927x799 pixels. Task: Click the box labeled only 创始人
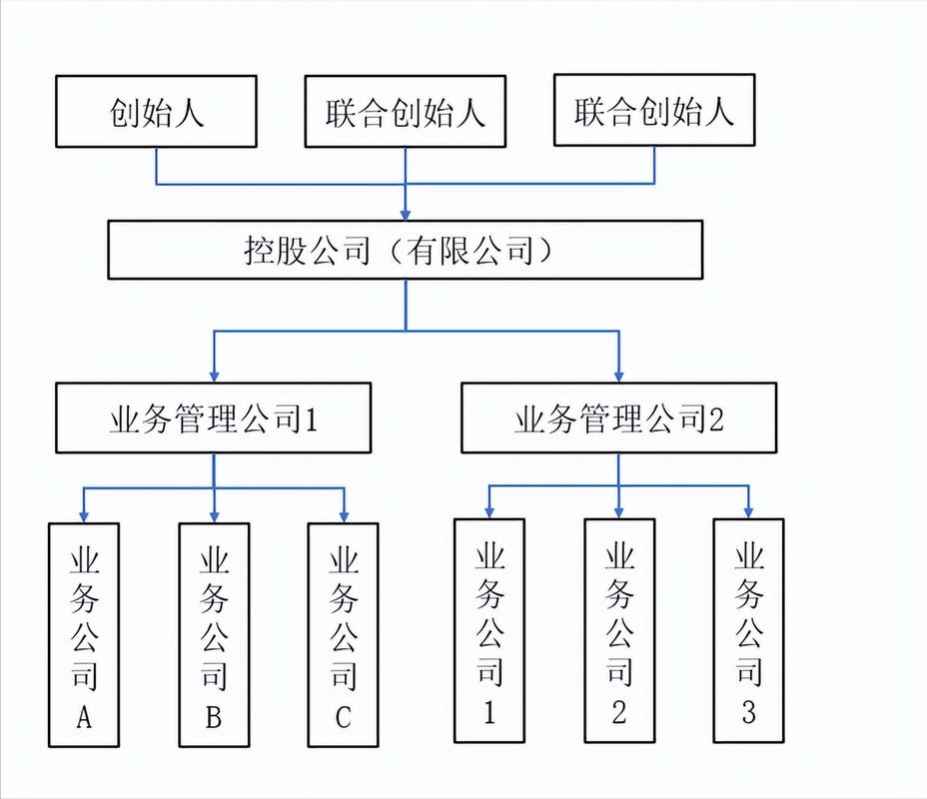tap(156, 111)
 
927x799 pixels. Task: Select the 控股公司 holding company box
tap(405, 250)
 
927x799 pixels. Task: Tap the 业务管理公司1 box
tap(213, 418)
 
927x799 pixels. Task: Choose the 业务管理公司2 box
tap(618, 418)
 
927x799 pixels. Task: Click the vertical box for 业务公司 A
tap(84, 634)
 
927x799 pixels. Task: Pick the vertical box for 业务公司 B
tap(214, 634)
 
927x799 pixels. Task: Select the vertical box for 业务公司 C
tap(344, 634)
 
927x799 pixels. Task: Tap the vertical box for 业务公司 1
tap(488, 630)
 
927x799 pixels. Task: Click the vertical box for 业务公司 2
tap(619, 630)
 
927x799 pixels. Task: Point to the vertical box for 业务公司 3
tap(749, 630)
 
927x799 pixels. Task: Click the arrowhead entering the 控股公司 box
tap(405, 214)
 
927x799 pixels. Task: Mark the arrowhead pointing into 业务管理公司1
tap(214, 375)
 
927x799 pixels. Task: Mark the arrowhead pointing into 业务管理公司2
tap(618, 375)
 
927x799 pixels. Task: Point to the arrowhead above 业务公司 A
tap(84, 514)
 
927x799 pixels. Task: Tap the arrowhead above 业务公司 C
tap(344, 514)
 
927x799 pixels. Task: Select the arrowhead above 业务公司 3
tap(749, 511)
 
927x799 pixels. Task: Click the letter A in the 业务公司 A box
tap(84, 717)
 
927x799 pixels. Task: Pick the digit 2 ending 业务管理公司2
tap(714, 419)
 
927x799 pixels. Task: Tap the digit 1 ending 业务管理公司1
tap(310, 419)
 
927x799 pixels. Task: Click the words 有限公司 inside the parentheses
tap(467, 250)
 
